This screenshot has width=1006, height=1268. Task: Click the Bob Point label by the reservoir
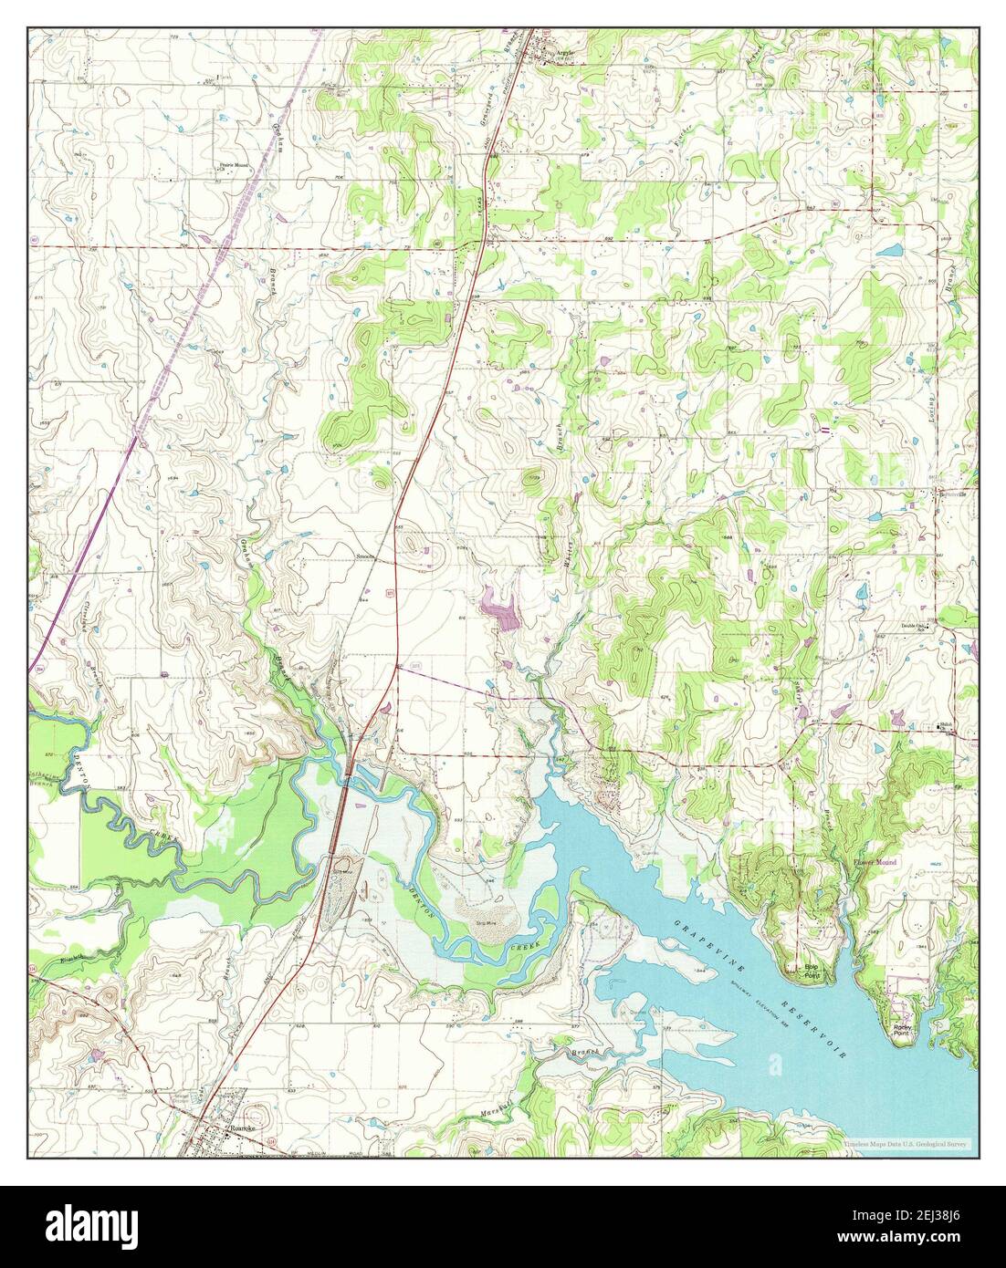(x=808, y=969)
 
